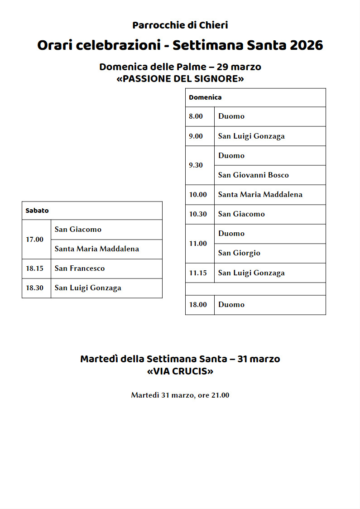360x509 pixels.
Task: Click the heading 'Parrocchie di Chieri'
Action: coord(180,25)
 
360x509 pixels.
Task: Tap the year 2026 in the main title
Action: coord(306,46)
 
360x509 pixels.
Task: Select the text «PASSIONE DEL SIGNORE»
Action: coord(180,79)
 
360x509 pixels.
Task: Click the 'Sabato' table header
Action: coord(37,211)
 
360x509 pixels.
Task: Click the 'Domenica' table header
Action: coord(205,97)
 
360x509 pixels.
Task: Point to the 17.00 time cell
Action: coord(34,239)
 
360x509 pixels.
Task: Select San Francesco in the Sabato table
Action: coord(80,269)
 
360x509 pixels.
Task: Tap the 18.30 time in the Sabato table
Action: coord(34,288)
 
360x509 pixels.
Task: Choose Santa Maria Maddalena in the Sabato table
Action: coord(97,249)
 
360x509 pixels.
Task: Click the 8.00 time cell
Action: coord(196,116)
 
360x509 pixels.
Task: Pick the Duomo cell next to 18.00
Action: coord(231,305)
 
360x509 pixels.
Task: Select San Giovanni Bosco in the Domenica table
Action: coord(253,175)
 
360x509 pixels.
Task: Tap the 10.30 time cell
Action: coord(197,214)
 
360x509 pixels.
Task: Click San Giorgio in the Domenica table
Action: coord(239,253)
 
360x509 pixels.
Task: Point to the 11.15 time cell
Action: coord(197,273)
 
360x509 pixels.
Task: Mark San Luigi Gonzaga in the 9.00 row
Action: coord(251,136)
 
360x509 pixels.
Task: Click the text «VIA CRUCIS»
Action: coord(180,372)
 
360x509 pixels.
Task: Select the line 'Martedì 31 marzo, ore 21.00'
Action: coord(180,395)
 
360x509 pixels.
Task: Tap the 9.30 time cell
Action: coord(196,165)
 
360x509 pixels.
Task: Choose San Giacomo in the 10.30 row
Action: coord(241,214)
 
